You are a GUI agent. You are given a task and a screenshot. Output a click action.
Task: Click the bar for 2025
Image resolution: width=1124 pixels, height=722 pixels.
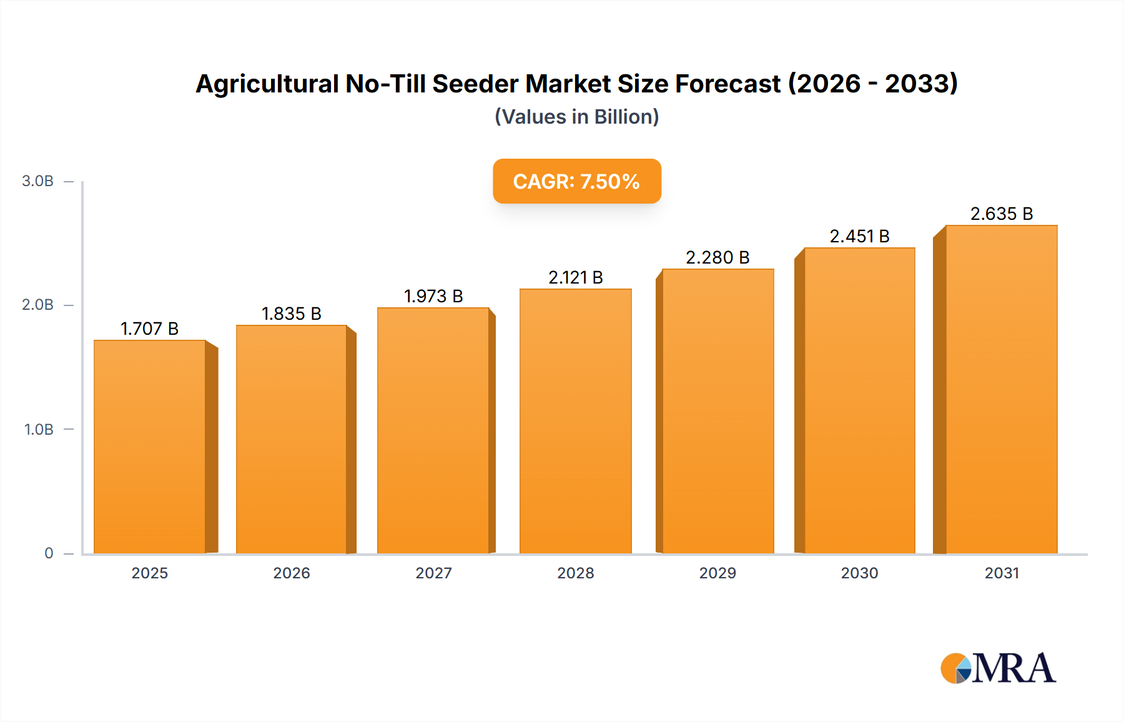[150, 447]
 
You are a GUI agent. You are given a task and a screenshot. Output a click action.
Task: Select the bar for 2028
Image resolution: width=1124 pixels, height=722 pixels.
[575, 421]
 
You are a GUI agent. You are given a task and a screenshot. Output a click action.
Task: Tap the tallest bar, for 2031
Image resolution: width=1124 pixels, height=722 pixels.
[1001, 389]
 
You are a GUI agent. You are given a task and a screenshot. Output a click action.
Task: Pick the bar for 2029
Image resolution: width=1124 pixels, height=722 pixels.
[717, 411]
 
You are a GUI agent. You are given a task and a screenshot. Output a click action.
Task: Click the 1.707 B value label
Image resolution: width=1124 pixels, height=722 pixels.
[149, 329]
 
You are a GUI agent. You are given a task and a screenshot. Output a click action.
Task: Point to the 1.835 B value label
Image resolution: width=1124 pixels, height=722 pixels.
[291, 314]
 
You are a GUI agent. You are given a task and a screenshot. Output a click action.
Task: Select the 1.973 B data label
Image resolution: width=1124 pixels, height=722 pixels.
[433, 296]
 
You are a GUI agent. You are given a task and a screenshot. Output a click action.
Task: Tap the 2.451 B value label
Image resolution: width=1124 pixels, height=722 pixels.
[859, 236]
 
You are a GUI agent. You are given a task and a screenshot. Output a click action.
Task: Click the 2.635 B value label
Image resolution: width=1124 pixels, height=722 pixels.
[1001, 214]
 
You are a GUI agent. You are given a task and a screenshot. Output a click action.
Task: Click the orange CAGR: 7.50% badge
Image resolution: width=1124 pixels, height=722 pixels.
[576, 181]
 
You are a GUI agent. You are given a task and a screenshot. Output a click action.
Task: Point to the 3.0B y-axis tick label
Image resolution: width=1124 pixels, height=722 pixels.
[37, 181]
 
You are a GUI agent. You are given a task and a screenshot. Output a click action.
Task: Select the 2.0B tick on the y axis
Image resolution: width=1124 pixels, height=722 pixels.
[37, 305]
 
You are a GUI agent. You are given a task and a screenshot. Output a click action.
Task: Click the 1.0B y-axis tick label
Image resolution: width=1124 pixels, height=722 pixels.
[39, 429]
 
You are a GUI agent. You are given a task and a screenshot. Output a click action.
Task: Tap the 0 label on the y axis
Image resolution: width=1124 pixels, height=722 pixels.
[49, 553]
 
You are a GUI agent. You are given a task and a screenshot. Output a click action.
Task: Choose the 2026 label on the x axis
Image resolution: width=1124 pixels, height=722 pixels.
[291, 573]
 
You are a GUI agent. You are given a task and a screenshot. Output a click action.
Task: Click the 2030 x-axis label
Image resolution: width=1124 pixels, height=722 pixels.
[859, 573]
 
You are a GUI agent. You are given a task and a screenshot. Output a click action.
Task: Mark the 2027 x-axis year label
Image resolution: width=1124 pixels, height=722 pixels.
[433, 573]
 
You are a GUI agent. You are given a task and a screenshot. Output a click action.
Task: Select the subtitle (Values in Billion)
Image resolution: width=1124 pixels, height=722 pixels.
[576, 117]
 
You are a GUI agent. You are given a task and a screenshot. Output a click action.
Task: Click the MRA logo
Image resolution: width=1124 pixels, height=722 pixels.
[998, 668]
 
